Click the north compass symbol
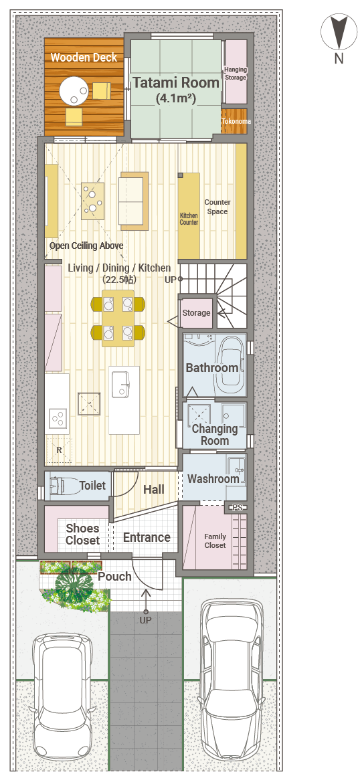pyautogui.click(x=339, y=31)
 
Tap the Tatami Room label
pyautogui.click(x=176, y=82)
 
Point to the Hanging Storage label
pyautogui.click(x=236, y=74)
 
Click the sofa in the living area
pyautogui.click(x=134, y=201)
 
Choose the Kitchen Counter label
pyautogui.click(x=189, y=219)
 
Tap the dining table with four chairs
pyautogui.click(x=118, y=317)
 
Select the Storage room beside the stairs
pyautogui.click(x=196, y=313)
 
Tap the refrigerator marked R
pyautogui.click(x=59, y=450)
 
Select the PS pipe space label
pyautogui.click(x=237, y=508)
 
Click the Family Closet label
pyautogui.click(x=215, y=541)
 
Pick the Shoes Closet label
pyautogui.click(x=83, y=535)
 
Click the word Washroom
pyautogui.click(x=213, y=479)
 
